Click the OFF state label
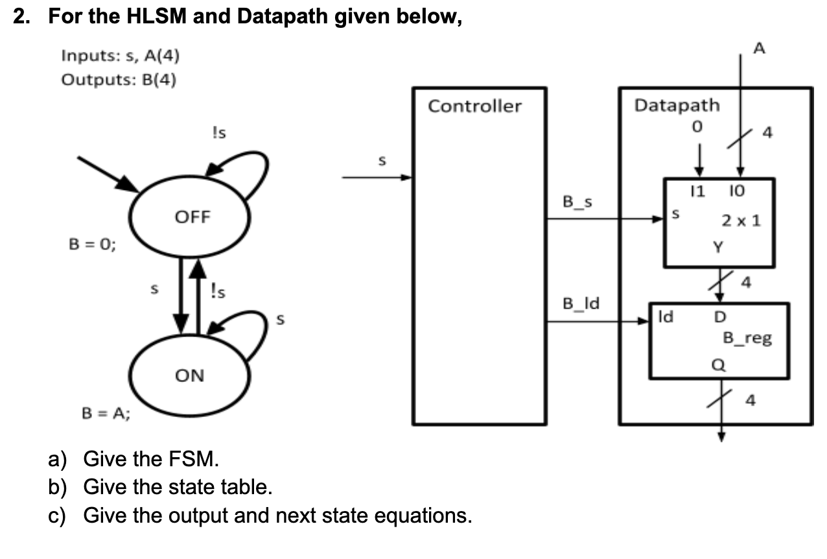click(192, 217)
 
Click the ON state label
click(189, 375)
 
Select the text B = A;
click(105, 414)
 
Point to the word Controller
click(474, 106)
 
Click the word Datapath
click(677, 104)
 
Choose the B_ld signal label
click(581, 303)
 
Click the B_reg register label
click(747, 338)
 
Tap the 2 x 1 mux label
click(741, 220)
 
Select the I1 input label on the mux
click(697, 191)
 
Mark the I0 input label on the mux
click(738, 191)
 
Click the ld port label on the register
click(665, 318)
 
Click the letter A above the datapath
click(760, 47)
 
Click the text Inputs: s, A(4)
click(121, 56)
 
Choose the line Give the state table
click(177, 487)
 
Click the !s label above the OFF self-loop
click(219, 133)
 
